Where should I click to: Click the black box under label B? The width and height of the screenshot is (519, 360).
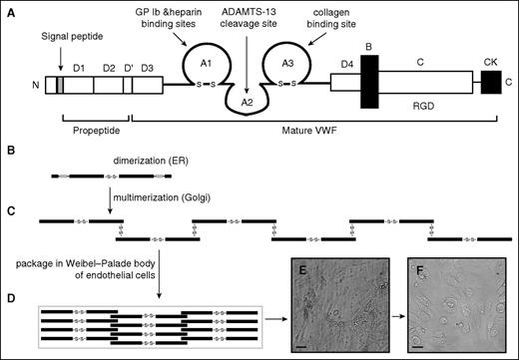coord(369,88)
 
